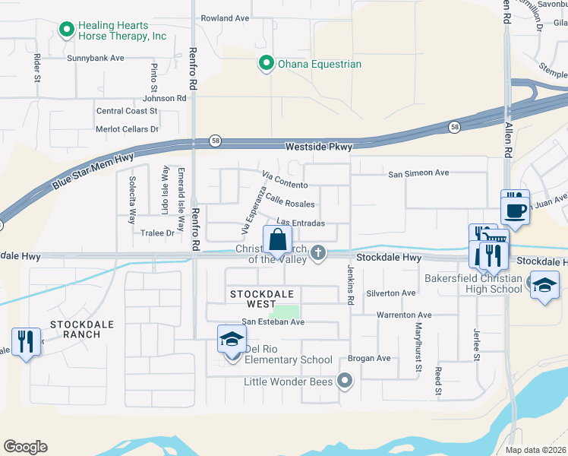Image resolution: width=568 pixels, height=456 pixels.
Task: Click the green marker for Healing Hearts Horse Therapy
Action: click(x=66, y=30)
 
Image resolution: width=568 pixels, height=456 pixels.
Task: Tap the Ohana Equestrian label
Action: click(x=318, y=64)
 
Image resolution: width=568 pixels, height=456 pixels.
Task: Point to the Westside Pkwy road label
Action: click(x=318, y=147)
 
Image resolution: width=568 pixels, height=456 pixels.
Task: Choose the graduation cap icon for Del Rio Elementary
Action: click(x=232, y=339)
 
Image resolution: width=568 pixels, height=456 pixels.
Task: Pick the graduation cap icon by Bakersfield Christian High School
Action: click(x=544, y=285)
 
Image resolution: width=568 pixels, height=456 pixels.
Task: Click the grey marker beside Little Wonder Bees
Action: click(x=346, y=381)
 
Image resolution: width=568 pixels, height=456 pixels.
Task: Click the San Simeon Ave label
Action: click(x=418, y=173)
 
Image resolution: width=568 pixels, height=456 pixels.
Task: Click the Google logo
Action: click(x=25, y=447)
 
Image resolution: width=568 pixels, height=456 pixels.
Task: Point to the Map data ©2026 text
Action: click(x=536, y=450)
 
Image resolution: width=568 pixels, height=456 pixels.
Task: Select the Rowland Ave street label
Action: click(x=225, y=17)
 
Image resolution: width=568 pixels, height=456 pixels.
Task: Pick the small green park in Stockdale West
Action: click(x=286, y=312)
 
